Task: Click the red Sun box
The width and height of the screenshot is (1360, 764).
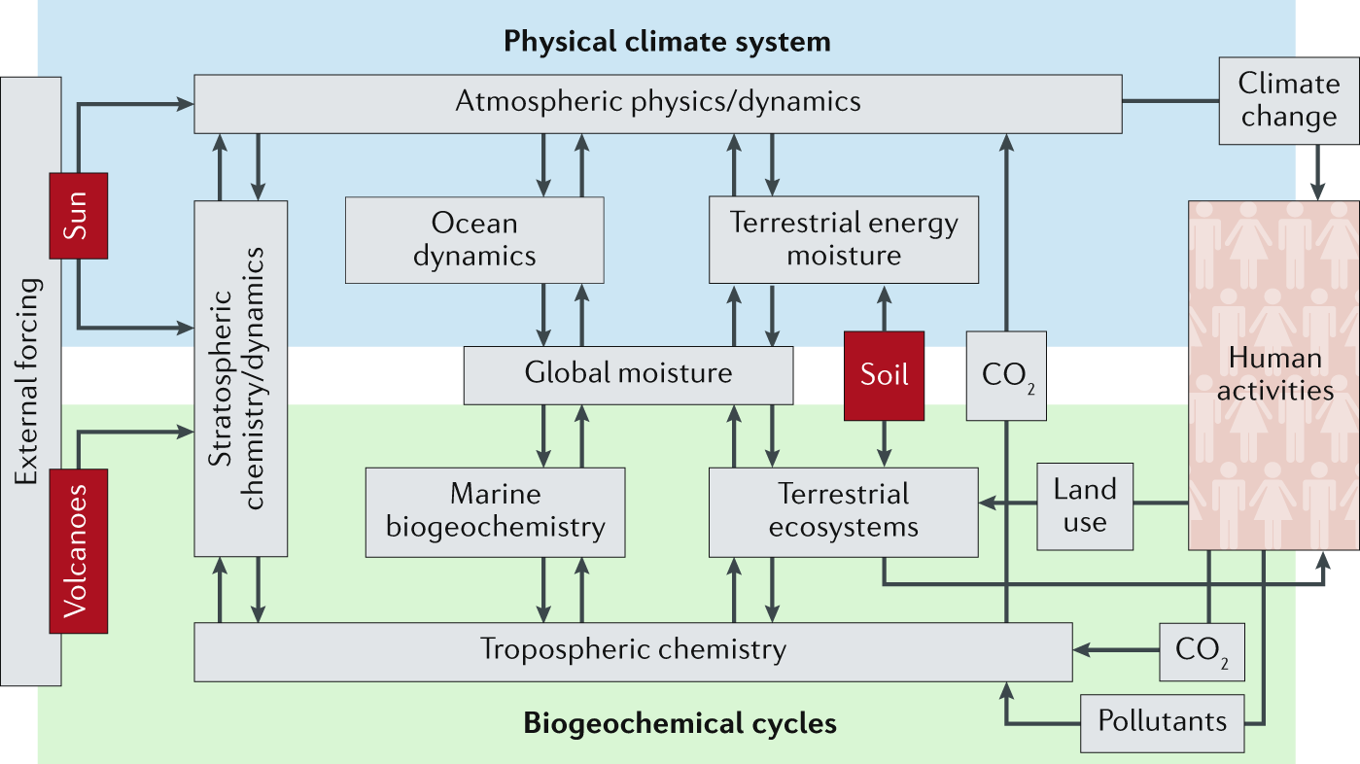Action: pos(78,215)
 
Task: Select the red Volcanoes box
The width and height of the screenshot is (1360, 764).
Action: pos(78,550)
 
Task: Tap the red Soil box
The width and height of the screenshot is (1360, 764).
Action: pos(884,375)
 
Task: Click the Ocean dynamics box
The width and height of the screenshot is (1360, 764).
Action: pos(474,240)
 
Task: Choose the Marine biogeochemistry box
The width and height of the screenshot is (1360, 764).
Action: pos(495,512)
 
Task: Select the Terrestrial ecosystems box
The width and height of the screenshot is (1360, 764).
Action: pos(843,511)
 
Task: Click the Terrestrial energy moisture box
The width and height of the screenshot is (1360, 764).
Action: pos(843,240)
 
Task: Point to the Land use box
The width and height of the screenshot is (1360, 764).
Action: pos(1085,505)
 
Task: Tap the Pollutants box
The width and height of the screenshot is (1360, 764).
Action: pos(1162,722)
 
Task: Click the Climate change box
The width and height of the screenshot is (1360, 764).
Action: pos(1288,100)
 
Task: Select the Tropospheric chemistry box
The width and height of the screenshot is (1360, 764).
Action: pos(632,651)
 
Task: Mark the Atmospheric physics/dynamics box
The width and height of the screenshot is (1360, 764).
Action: pos(657,102)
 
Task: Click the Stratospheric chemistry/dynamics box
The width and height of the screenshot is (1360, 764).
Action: pos(240,378)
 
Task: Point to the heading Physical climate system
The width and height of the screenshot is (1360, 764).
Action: pos(667,43)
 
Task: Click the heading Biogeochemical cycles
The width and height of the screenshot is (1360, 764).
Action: pos(680,724)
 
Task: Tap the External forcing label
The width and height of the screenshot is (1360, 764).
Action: pos(29,381)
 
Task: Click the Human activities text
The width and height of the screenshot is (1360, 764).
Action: pos(1274,374)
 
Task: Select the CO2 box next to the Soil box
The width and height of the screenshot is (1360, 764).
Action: pos(1006,375)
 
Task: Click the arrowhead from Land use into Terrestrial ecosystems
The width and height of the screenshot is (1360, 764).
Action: pos(986,504)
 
